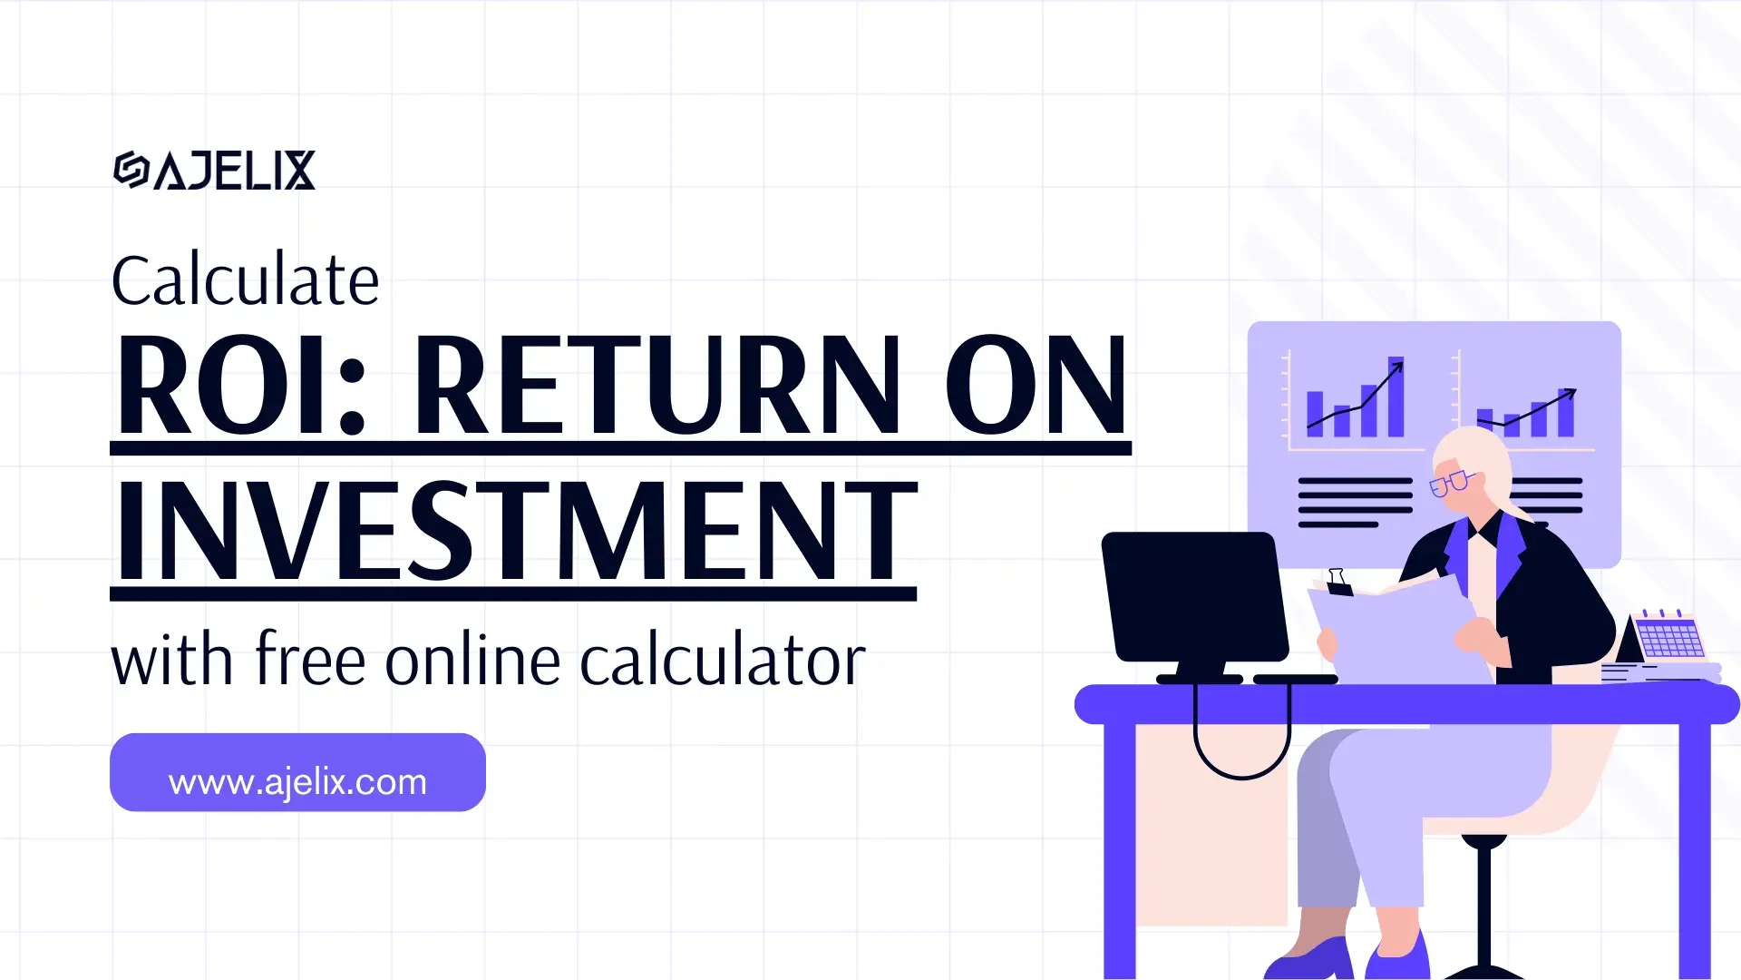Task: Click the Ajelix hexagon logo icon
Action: (131, 170)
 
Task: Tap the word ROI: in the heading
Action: (241, 385)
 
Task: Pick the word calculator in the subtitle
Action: (722, 661)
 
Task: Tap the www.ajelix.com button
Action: (297, 772)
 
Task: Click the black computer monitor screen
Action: (1194, 596)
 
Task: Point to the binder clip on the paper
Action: (1337, 582)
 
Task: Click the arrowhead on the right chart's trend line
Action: (1571, 393)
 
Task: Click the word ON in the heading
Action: (1036, 385)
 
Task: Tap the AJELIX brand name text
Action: (234, 171)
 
